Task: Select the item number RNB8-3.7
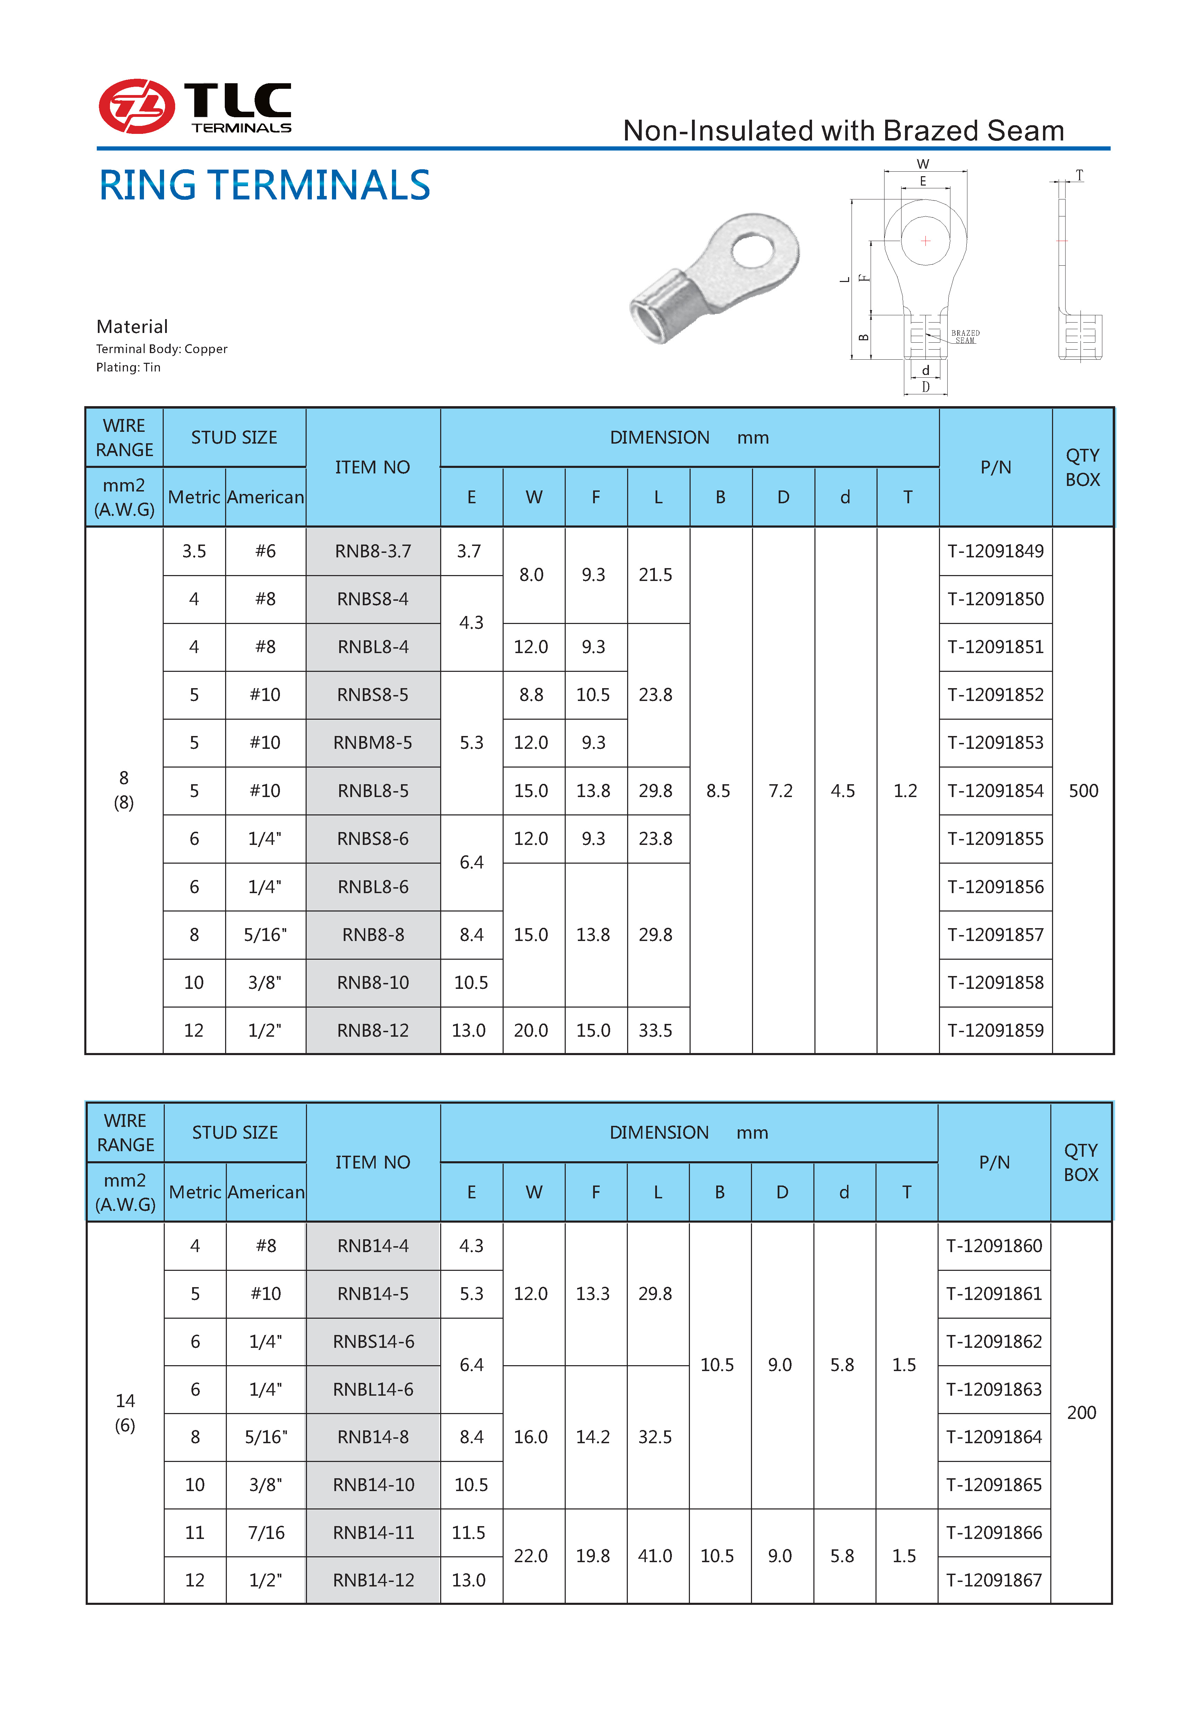(x=373, y=551)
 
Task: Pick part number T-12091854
(x=995, y=790)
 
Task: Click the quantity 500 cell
(x=1083, y=790)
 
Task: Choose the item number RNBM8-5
(x=373, y=743)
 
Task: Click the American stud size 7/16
(x=266, y=1532)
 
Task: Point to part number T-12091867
(x=994, y=1580)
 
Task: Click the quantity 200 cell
(x=1081, y=1413)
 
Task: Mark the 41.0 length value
(x=655, y=1556)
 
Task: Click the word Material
(x=132, y=327)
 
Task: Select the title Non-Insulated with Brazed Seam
(x=843, y=131)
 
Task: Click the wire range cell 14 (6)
(x=125, y=1413)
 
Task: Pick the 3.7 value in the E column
(x=469, y=551)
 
